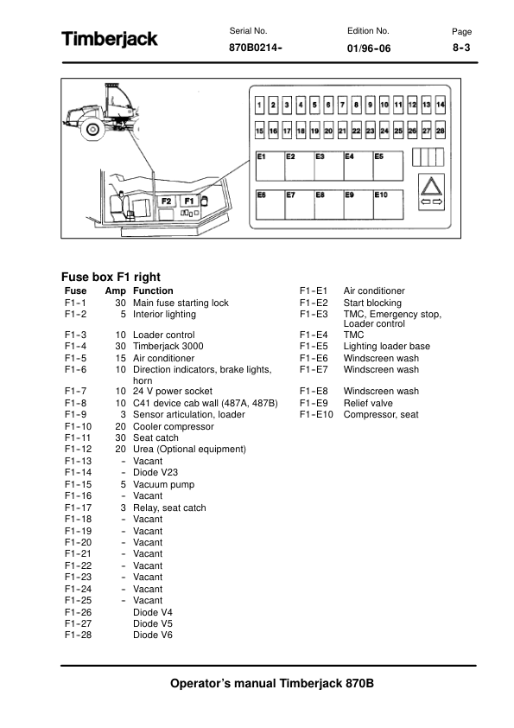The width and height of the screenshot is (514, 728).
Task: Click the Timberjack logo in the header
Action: (x=110, y=39)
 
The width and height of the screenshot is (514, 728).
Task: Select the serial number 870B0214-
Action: (x=256, y=48)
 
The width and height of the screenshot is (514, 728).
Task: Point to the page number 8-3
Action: (x=461, y=48)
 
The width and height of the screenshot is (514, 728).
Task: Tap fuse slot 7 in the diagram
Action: (x=342, y=105)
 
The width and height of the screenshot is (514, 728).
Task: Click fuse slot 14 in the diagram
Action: (x=441, y=105)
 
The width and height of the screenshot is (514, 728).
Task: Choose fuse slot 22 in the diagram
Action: (x=356, y=131)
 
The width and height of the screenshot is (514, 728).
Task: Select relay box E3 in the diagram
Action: (x=329, y=166)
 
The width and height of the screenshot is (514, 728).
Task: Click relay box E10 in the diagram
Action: (x=388, y=204)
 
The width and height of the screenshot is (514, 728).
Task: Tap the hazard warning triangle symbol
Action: (x=431, y=187)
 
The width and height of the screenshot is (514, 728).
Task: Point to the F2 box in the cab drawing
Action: (x=166, y=201)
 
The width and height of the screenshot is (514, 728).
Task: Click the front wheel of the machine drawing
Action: (x=92, y=129)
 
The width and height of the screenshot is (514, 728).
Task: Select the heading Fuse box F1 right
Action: (x=111, y=277)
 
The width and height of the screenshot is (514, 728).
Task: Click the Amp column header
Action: (x=116, y=291)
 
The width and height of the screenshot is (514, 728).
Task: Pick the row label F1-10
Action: (x=79, y=426)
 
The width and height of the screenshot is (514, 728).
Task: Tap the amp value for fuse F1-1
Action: (x=121, y=303)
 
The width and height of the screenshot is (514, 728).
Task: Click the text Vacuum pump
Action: (x=164, y=484)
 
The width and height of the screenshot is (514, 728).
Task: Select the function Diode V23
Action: (x=155, y=472)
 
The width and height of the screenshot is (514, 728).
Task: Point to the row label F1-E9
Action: (x=314, y=403)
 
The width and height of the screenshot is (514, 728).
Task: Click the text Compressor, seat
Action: (x=381, y=415)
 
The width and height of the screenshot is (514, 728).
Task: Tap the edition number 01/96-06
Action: (x=369, y=48)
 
